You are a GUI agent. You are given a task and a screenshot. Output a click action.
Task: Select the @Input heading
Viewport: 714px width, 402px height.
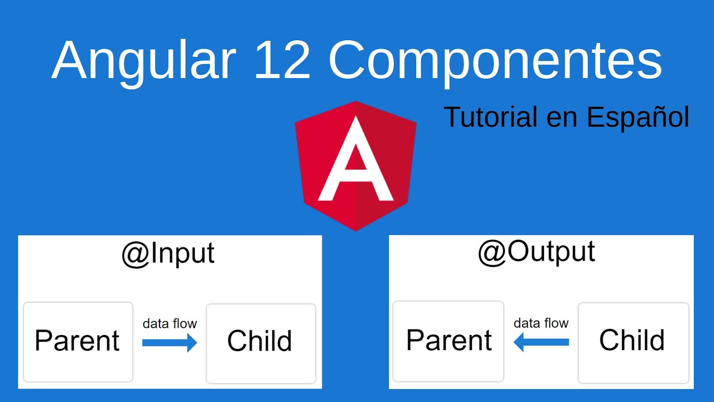click(168, 253)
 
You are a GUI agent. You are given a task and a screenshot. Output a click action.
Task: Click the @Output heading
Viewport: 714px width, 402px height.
click(536, 251)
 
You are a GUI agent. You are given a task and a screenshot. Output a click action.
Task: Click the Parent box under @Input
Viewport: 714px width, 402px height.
click(78, 341)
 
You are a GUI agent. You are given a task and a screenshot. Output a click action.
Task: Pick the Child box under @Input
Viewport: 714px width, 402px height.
click(260, 342)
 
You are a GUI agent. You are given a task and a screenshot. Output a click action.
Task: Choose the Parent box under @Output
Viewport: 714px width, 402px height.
click(448, 341)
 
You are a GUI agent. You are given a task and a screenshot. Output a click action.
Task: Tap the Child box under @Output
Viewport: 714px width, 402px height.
click(633, 341)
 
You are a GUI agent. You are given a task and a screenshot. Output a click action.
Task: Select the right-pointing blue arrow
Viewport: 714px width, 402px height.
click(170, 342)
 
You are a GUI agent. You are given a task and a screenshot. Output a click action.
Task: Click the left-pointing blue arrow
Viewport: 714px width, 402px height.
click(541, 342)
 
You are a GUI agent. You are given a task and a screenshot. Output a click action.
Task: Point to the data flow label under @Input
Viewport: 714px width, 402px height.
click(170, 323)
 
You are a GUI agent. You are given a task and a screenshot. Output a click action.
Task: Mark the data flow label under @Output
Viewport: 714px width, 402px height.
click(541, 323)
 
